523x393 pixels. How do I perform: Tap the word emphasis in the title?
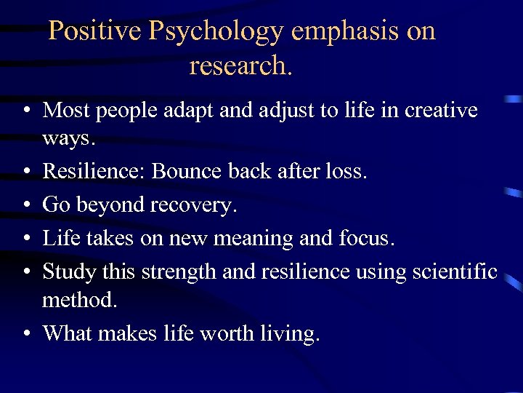pos(344,31)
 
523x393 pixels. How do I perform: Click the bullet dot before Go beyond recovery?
pos(25,206)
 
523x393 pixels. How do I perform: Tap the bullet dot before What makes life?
pos(25,333)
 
